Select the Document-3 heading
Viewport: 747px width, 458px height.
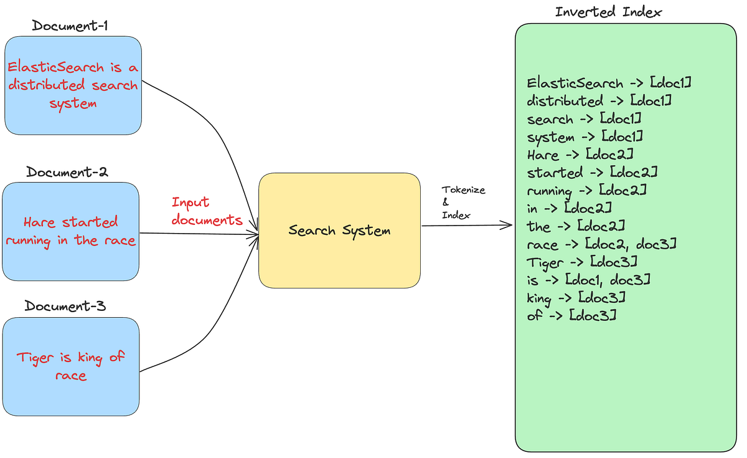pyautogui.click(x=65, y=306)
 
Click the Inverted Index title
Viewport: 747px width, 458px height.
pyautogui.click(x=608, y=12)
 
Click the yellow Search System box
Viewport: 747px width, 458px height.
pyautogui.click(x=339, y=231)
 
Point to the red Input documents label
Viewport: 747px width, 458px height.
pyautogui.click(x=207, y=211)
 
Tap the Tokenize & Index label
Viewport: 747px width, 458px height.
pyautogui.click(x=463, y=202)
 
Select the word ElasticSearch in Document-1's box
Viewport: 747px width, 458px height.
pyautogui.click(x=55, y=68)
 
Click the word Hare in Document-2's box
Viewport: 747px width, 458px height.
pyautogui.click(x=37, y=222)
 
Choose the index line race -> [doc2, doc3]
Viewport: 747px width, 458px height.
pyautogui.click(x=601, y=244)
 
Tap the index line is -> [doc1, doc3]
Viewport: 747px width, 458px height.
pyautogui.click(x=588, y=280)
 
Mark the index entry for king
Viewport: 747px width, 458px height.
pyautogui.click(x=576, y=298)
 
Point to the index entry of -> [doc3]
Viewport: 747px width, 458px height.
pyautogui.click(x=571, y=316)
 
